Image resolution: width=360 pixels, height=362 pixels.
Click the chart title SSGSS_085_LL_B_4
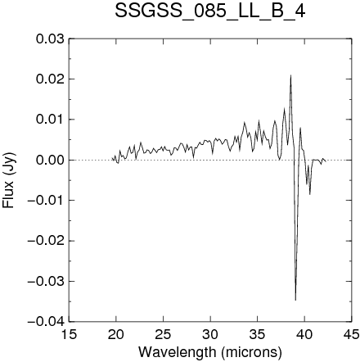coord(210,11)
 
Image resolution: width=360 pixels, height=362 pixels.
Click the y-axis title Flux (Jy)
coord(9,180)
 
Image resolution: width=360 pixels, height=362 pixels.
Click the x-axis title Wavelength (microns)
coord(210,352)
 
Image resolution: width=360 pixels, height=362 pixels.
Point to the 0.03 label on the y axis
coord(50,38)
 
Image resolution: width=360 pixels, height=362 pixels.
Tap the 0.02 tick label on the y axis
coord(50,79)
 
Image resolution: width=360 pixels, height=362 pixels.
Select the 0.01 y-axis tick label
coord(50,120)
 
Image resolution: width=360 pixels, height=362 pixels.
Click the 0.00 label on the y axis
coord(50,160)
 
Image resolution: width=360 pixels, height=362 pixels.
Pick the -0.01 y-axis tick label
coord(46,201)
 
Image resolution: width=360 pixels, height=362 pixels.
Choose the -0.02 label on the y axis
coord(46,241)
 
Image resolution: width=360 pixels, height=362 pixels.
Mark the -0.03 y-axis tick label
coord(46,281)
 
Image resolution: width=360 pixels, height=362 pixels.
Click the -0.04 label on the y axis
coord(46,322)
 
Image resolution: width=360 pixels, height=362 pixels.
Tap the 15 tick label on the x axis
coord(69,334)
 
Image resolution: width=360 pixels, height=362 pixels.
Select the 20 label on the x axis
coord(116,334)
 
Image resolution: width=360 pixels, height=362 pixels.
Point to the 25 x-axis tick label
coord(163,334)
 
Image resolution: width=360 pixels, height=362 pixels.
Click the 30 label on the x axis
coord(210,334)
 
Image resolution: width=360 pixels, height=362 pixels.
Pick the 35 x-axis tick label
coord(258,334)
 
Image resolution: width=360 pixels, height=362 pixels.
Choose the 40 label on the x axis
coord(304,334)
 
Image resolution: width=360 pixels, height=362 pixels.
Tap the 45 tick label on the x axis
coord(352,334)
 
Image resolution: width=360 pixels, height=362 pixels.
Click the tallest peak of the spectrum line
coord(290,75)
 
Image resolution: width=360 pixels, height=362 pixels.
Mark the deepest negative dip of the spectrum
coord(295,300)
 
